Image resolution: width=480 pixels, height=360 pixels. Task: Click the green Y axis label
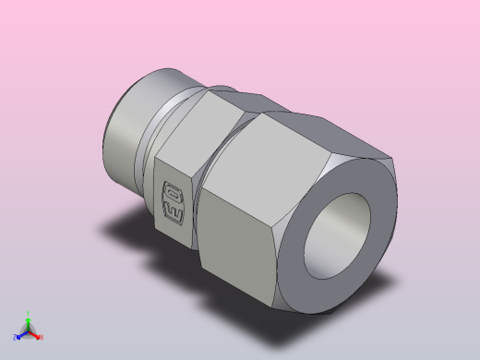tap(29, 314)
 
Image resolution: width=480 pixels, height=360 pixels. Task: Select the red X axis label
tap(42, 337)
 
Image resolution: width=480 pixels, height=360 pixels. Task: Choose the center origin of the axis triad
tap(29, 331)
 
